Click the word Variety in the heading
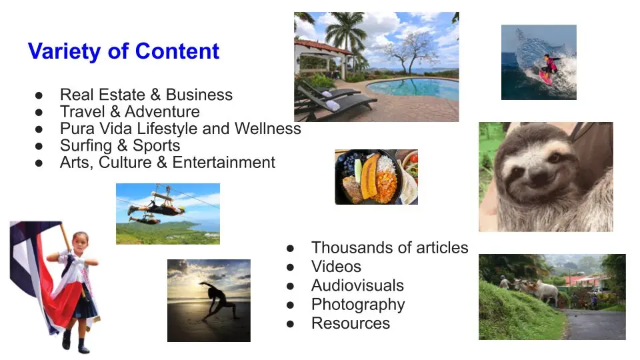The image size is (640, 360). [x=65, y=52]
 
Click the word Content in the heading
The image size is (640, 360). [x=177, y=51]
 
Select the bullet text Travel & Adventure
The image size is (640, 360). [x=130, y=111]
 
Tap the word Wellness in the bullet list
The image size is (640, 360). [x=268, y=128]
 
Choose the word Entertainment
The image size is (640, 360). [x=224, y=162]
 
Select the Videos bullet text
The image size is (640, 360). [x=336, y=267]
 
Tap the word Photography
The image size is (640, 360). [x=358, y=305]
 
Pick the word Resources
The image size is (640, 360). [x=351, y=323]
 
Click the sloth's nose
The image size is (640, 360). [x=539, y=175]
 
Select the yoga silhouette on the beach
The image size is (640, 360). [x=219, y=301]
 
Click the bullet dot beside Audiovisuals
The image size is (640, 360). [x=290, y=286]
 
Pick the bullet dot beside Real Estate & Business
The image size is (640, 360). [x=39, y=95]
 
